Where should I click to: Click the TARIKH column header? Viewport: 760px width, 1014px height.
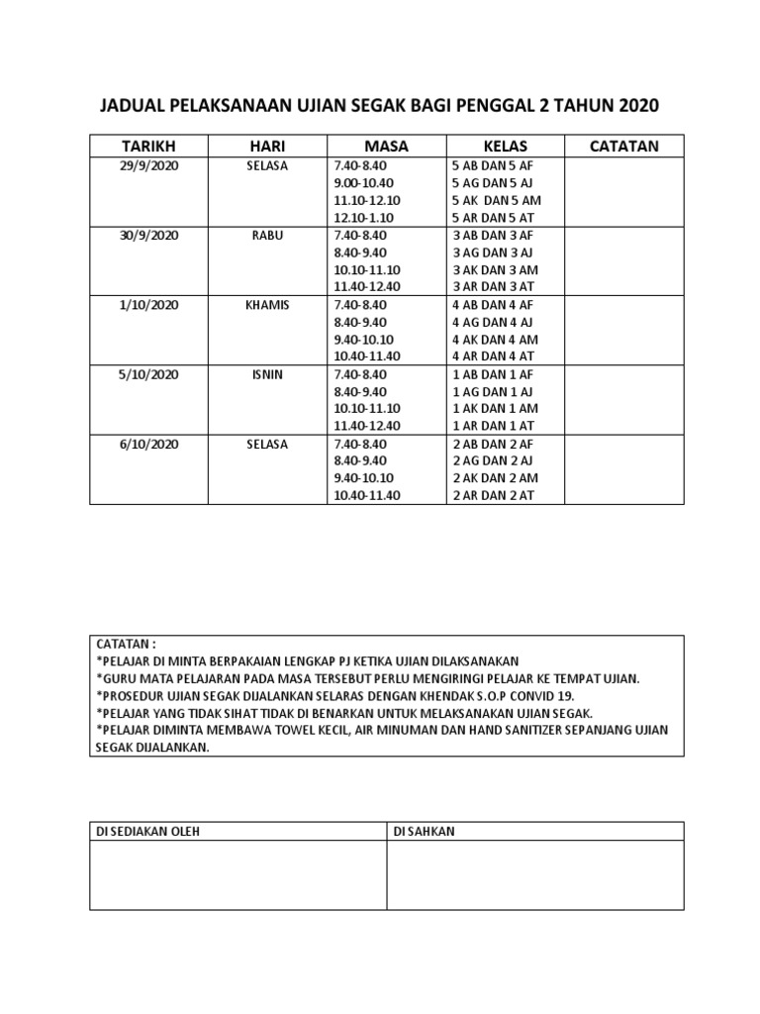pyautogui.click(x=148, y=147)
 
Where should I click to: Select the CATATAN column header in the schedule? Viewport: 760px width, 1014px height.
pyautogui.click(x=623, y=147)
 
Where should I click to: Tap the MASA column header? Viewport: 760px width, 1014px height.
pyautogui.click(x=386, y=147)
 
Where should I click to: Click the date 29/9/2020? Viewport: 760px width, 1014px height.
pyautogui.click(x=148, y=166)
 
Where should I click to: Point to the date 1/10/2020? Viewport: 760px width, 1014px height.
pyautogui.click(x=148, y=305)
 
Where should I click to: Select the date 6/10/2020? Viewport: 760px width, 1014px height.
pyautogui.click(x=148, y=444)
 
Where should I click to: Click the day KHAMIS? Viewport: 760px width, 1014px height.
pyautogui.click(x=267, y=305)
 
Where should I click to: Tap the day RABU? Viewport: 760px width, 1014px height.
pyautogui.click(x=267, y=236)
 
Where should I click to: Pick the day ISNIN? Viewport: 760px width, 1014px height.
pyautogui.click(x=267, y=374)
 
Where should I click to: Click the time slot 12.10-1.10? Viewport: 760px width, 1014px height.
pyautogui.click(x=364, y=218)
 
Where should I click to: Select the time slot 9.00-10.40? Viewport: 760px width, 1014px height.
pyautogui.click(x=364, y=183)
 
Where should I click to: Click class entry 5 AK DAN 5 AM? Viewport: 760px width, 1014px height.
pyautogui.click(x=496, y=201)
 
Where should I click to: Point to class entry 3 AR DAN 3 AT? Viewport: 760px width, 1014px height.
pyautogui.click(x=493, y=287)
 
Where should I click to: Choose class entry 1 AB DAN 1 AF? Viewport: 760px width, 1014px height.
pyautogui.click(x=493, y=374)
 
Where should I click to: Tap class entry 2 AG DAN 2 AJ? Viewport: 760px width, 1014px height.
pyautogui.click(x=493, y=461)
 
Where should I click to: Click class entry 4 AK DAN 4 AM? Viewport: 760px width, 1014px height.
pyautogui.click(x=495, y=340)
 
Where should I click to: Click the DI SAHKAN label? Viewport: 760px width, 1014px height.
pyautogui.click(x=424, y=832)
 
